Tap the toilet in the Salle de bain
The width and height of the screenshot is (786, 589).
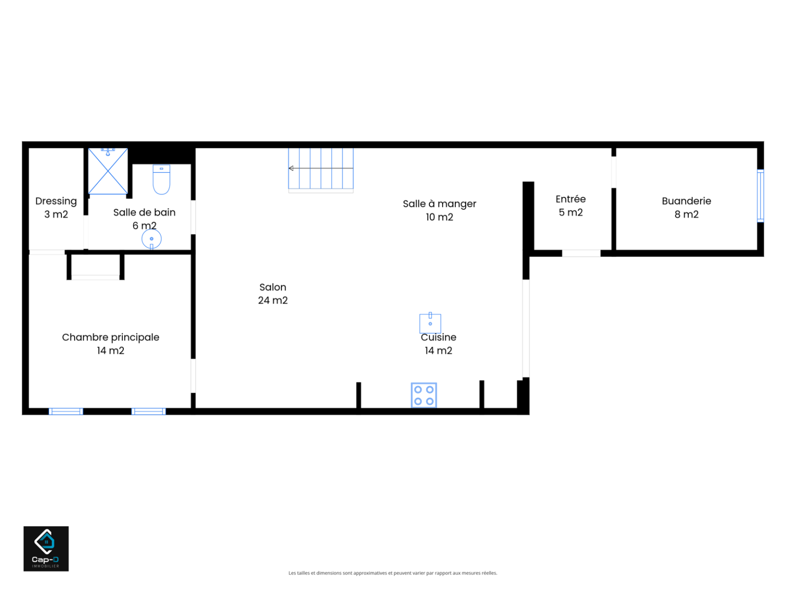[162, 179]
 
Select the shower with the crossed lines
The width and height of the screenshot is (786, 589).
[108, 171]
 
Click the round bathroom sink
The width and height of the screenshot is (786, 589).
[151, 239]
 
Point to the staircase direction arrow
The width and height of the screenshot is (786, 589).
[321, 168]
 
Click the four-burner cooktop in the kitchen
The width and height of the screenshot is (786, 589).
[424, 395]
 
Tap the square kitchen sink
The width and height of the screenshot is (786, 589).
[430, 323]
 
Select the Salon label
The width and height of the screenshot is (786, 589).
[273, 287]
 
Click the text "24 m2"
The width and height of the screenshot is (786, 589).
[273, 301]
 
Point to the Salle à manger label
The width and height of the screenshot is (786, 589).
[440, 204]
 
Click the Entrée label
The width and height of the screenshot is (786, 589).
[571, 199]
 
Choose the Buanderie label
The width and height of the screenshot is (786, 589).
[686, 201]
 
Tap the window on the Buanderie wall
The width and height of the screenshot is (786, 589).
[760, 196]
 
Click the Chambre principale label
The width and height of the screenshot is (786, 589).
[111, 337]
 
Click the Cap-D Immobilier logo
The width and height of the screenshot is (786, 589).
[46, 549]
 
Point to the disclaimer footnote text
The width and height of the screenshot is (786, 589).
[393, 573]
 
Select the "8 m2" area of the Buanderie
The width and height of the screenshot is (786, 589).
[686, 215]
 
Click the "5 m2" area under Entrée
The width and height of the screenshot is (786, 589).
[571, 212]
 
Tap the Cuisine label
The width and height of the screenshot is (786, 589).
[439, 337]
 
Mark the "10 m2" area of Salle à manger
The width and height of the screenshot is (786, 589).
[440, 217]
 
